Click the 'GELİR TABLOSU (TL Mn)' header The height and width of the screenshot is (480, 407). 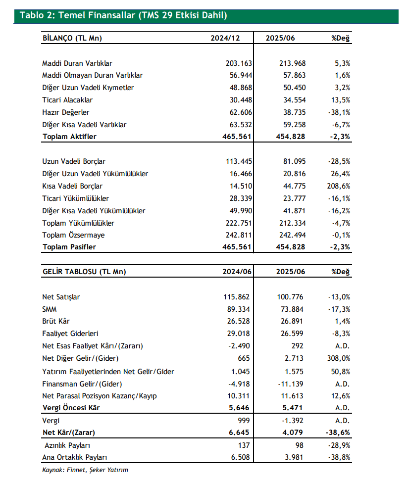point(84,272)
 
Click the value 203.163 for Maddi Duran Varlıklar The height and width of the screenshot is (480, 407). point(238,63)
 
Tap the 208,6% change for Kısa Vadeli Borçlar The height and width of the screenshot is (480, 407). point(339,186)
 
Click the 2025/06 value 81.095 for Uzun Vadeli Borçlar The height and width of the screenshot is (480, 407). point(293,161)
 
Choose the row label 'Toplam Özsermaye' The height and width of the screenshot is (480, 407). point(73,235)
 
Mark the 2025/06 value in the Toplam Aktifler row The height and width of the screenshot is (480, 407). point(291,137)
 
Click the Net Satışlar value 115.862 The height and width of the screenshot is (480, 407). point(237,297)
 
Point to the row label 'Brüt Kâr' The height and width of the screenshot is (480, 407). point(57,322)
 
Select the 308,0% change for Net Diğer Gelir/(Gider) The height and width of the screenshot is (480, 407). point(339,359)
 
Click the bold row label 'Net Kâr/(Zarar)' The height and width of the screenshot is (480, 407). point(69,432)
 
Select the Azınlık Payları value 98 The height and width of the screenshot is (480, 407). point(299,445)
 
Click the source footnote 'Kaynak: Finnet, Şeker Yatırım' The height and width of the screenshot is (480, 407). point(85,470)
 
